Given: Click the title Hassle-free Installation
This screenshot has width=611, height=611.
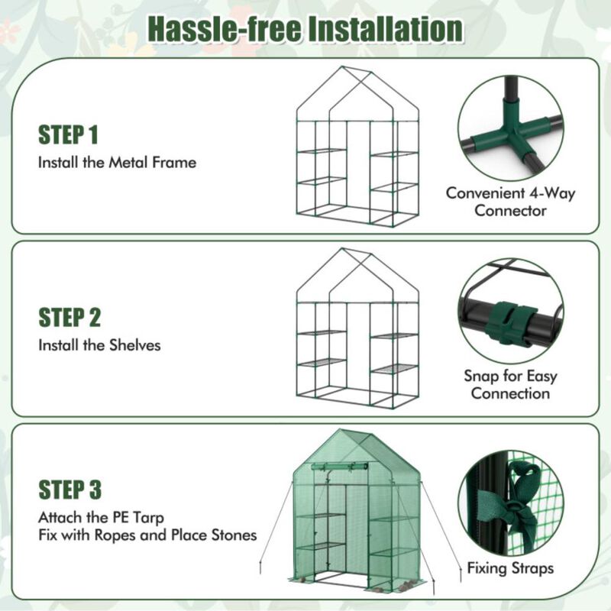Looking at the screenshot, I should [x=305, y=28].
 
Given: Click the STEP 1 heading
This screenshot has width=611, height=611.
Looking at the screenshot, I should [x=69, y=136].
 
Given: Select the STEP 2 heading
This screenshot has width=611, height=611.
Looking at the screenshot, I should [x=70, y=318].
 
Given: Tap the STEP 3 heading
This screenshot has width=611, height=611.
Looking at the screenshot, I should [x=70, y=489].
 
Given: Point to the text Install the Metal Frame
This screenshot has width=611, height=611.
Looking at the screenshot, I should [x=117, y=163].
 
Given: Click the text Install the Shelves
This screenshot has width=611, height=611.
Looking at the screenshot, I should [x=99, y=345].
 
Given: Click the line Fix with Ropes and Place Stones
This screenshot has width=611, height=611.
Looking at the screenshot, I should [x=147, y=535].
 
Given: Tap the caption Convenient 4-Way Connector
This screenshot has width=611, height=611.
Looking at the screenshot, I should [x=510, y=202].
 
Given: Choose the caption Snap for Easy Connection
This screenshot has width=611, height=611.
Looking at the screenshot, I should [x=510, y=384].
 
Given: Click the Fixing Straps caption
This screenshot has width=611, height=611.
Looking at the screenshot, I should [x=510, y=568].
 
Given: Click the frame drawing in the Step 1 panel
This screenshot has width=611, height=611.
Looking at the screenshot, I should [x=357, y=149].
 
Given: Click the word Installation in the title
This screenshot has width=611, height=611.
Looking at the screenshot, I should [x=385, y=28].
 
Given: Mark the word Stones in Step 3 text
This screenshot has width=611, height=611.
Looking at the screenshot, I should [x=232, y=535].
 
